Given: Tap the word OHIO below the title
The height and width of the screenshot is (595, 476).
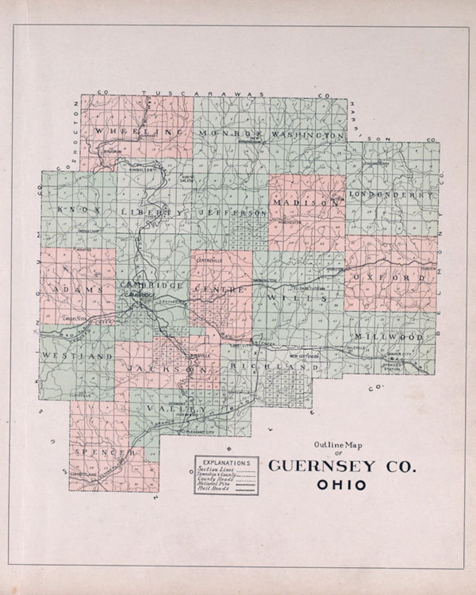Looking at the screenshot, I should pyautogui.click(x=342, y=485).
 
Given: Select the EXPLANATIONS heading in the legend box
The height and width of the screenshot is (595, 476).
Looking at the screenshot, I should pyautogui.click(x=227, y=463).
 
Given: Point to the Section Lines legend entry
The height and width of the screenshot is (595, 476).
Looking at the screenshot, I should pyautogui.click(x=216, y=469).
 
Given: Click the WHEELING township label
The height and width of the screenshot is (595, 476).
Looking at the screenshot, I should pyautogui.click(x=138, y=132).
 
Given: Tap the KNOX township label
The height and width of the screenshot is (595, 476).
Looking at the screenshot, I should pyautogui.click(x=79, y=210).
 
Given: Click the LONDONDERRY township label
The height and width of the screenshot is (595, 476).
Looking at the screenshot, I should pyautogui.click(x=391, y=194).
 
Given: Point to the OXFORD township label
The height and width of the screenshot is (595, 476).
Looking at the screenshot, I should pyautogui.click(x=388, y=278).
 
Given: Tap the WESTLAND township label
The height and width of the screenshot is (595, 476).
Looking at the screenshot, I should pyautogui.click(x=77, y=356).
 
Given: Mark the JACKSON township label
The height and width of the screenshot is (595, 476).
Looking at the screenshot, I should pyautogui.click(x=167, y=369).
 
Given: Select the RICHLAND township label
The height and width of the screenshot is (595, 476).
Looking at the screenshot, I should pyautogui.click(x=273, y=367).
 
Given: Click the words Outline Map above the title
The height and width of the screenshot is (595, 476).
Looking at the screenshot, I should pyautogui.click(x=338, y=445).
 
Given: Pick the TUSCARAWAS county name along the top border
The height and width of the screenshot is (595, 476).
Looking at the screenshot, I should pyautogui.click(x=203, y=94).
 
